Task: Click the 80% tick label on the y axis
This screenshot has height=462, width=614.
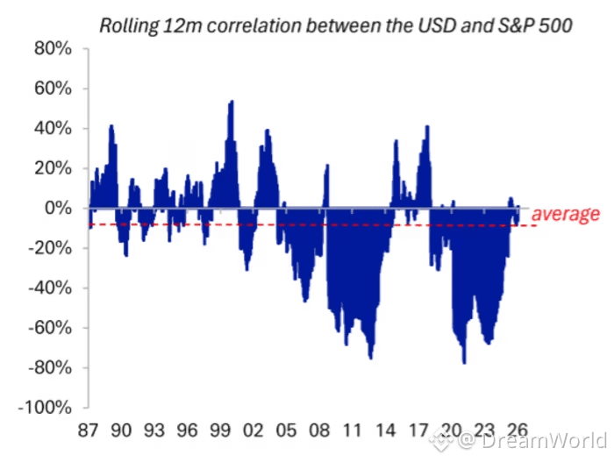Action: [x=54, y=48]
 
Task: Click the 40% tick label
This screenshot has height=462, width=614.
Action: [x=54, y=129]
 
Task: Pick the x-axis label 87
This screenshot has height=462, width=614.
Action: [x=88, y=432]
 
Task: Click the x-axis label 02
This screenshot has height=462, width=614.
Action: [x=252, y=432]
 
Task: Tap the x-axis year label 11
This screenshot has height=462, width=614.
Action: [x=350, y=432]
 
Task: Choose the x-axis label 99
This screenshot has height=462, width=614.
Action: [x=219, y=432]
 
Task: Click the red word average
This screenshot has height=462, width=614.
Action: [x=566, y=214]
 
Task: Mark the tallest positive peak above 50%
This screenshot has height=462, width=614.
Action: [x=231, y=102]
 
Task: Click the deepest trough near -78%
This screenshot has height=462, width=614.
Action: [x=464, y=362]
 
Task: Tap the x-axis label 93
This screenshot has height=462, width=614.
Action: [x=153, y=432]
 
